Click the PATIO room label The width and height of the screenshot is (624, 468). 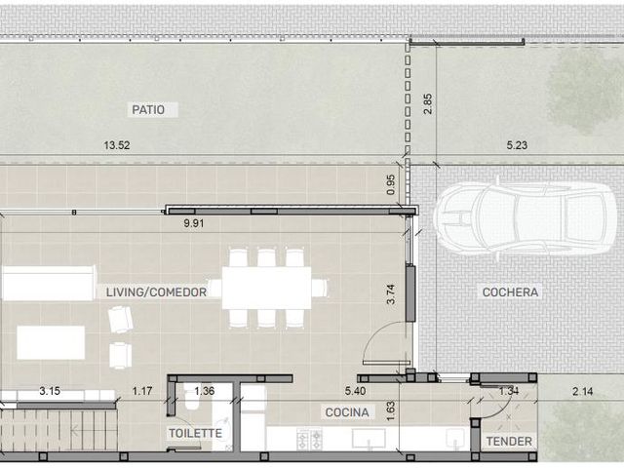click(148, 109)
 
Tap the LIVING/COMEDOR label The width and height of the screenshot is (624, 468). click(156, 292)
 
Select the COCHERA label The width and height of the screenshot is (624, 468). click(510, 292)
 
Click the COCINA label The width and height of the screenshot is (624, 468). click(347, 412)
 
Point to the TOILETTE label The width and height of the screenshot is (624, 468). click(195, 433)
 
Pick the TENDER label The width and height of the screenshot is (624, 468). click(509, 442)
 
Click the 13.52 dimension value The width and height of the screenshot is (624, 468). click(117, 145)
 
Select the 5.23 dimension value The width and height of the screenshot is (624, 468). click(517, 145)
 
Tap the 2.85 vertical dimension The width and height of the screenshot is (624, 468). click(428, 104)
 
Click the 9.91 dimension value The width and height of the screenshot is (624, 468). click(194, 223)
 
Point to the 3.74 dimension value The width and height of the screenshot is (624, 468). click(391, 294)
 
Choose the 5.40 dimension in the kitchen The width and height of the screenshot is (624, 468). click(355, 391)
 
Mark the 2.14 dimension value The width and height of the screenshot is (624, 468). click(583, 391)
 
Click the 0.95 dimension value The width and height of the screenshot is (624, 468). click(391, 184)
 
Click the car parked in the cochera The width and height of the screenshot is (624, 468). click(526, 218)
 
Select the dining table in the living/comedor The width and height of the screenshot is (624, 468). click(266, 289)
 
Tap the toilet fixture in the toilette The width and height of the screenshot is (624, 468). click(192, 399)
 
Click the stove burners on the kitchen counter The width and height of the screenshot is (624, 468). click(310, 439)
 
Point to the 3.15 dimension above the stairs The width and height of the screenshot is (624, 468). click(50, 391)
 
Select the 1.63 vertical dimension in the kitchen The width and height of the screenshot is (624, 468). click(390, 411)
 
